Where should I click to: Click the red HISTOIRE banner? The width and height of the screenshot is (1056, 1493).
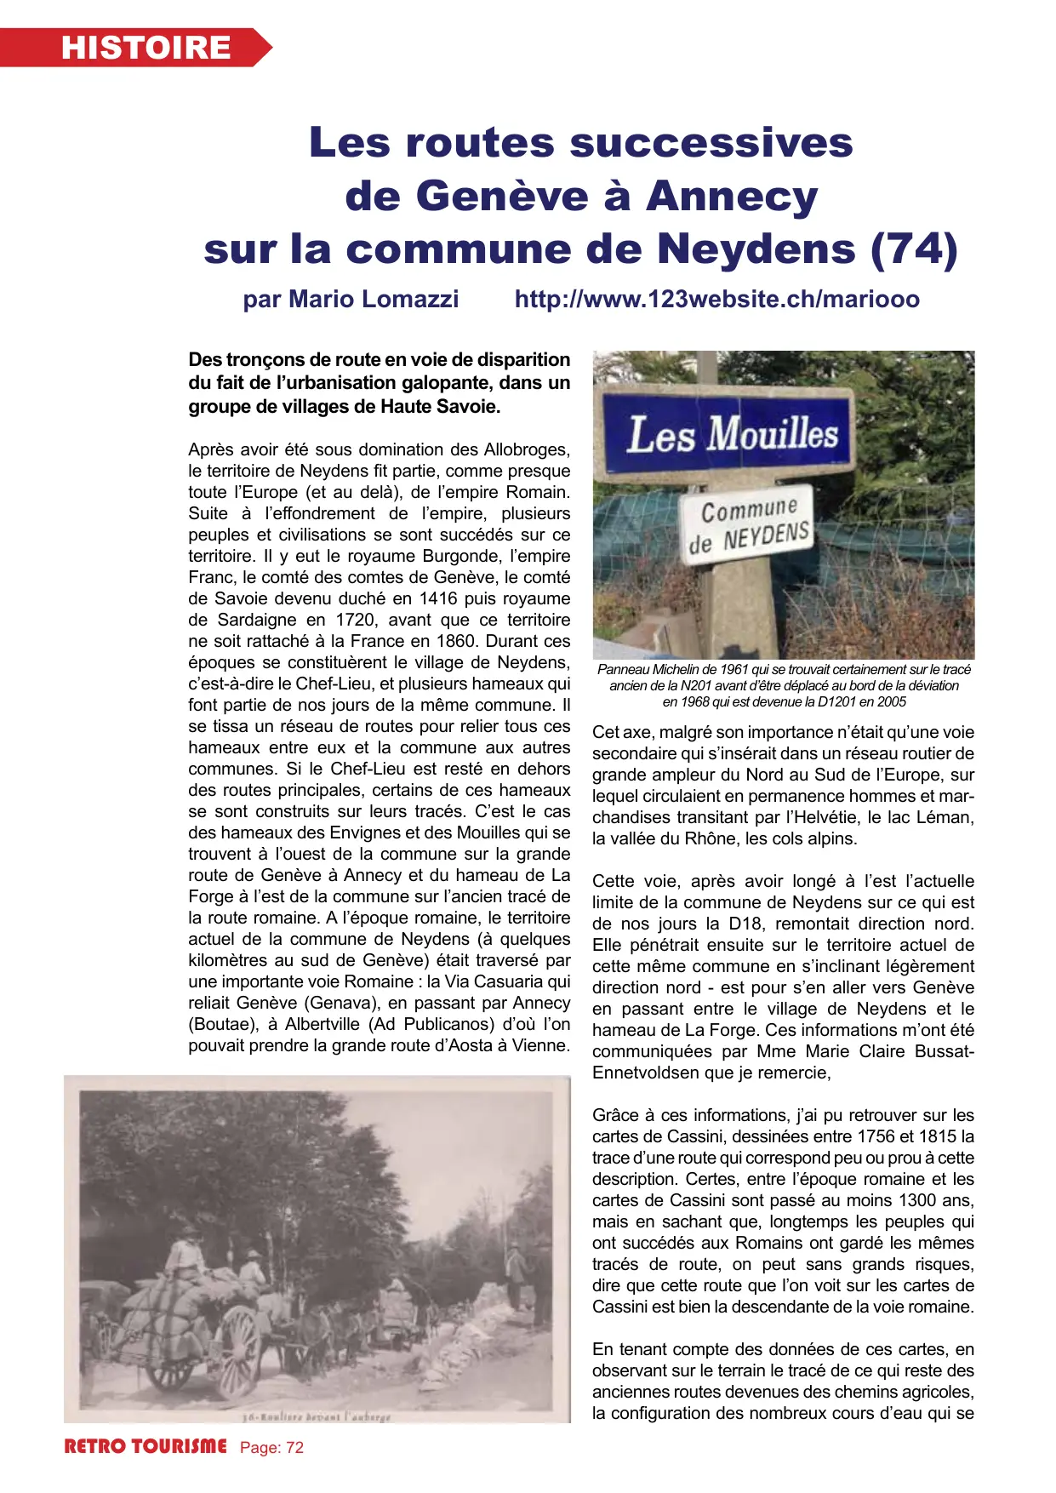coord(136,48)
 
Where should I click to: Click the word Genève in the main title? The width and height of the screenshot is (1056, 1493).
coord(503,196)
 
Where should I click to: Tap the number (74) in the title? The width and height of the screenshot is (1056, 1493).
coord(915,249)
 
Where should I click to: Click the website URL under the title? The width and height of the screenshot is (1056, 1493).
coord(716,300)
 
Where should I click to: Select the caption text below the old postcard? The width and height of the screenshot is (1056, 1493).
coord(316,1417)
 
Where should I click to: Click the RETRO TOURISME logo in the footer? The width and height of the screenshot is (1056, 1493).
coord(146,1447)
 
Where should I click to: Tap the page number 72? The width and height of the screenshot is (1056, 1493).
coord(294,1448)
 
